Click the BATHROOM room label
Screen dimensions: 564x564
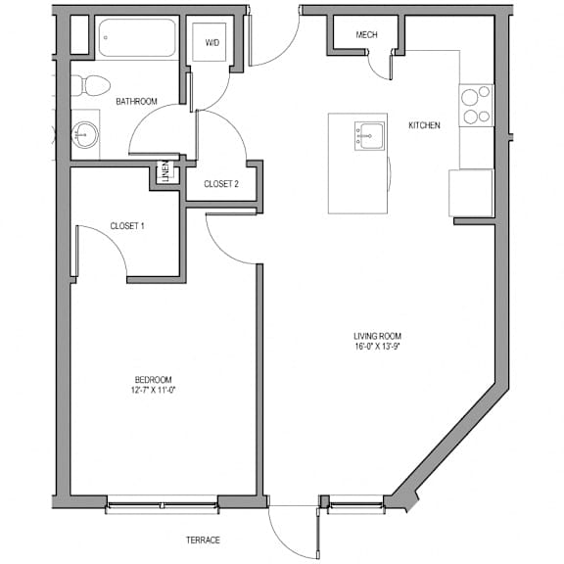click(x=136, y=102)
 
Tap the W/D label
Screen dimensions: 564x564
click(x=212, y=43)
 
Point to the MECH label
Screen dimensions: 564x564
click(x=366, y=35)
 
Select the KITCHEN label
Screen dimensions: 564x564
click(x=424, y=125)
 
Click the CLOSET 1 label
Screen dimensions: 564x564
click(x=127, y=226)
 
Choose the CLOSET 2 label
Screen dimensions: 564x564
click(x=221, y=184)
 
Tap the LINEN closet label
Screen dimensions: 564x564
click(x=165, y=172)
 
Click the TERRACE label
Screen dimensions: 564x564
click(x=203, y=540)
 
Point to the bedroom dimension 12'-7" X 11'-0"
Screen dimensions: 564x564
click(x=153, y=390)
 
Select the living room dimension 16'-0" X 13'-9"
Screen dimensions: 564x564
click(x=377, y=347)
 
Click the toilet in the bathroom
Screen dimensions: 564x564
click(x=90, y=85)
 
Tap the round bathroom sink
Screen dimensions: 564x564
click(x=85, y=135)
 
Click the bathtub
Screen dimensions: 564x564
click(x=137, y=38)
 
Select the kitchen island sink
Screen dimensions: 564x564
click(x=369, y=135)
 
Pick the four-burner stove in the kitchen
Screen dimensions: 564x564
click(x=476, y=106)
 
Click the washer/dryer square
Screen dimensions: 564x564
click(x=209, y=42)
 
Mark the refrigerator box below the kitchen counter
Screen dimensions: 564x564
click(x=471, y=193)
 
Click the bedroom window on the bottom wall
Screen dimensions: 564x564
click(x=163, y=504)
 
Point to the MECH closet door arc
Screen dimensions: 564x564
click(x=377, y=70)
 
